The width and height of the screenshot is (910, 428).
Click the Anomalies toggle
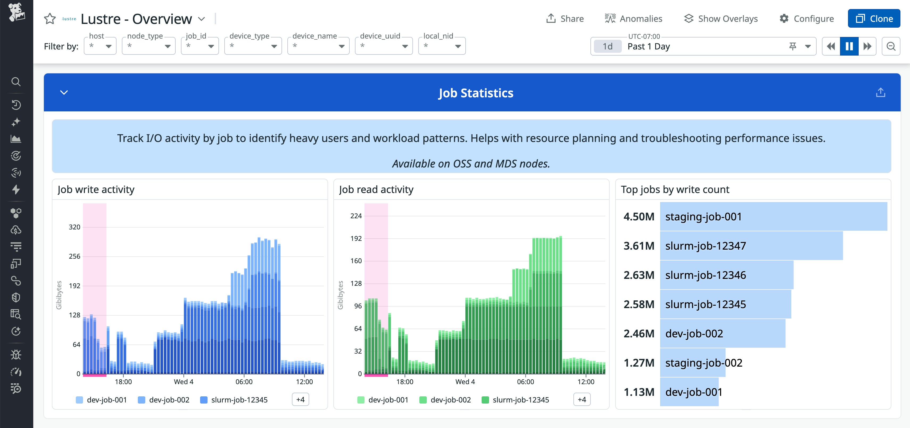pos(633,18)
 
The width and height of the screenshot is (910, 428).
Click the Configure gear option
pos(806,18)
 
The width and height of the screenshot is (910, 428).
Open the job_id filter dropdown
pos(200,46)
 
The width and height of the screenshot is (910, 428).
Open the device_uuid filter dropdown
pos(384,46)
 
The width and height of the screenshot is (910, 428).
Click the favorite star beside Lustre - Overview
pos(50,19)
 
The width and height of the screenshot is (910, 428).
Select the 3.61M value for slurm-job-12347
pos(639,246)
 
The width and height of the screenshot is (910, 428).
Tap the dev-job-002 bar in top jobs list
pos(722,333)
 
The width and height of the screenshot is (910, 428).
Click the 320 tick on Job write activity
pos(75,227)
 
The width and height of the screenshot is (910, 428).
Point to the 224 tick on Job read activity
pos(356,216)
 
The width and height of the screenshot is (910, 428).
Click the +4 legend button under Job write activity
pos(300,399)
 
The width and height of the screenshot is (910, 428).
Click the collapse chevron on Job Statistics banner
pos(64,93)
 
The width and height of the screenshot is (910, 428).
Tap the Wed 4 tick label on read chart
pos(465,382)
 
